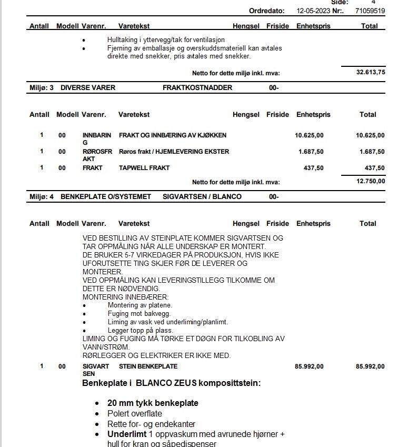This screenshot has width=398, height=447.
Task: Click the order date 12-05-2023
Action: [314, 11]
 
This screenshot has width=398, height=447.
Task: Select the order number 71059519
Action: [370, 11]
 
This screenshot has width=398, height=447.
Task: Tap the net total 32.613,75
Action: [371, 73]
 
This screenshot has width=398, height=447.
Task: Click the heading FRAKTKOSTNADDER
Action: [197, 87]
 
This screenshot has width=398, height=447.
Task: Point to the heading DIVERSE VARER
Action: [88, 87]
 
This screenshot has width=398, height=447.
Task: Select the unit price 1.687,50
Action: [311, 152]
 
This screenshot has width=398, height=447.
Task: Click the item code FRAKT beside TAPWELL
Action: [92, 168]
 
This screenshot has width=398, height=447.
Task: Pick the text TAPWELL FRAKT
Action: [144, 168]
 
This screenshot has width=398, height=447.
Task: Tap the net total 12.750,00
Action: [370, 181]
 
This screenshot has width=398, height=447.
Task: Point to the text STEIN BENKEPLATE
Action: [148, 366]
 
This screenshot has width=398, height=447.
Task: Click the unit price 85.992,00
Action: [309, 366]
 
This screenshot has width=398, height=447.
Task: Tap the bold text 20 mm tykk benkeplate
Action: [153, 403]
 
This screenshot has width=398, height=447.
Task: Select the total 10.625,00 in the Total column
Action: [370, 135]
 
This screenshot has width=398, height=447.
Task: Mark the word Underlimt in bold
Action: [126, 434]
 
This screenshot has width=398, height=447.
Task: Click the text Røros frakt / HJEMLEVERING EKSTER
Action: [174, 152]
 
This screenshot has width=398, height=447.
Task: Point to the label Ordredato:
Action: [266, 11]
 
